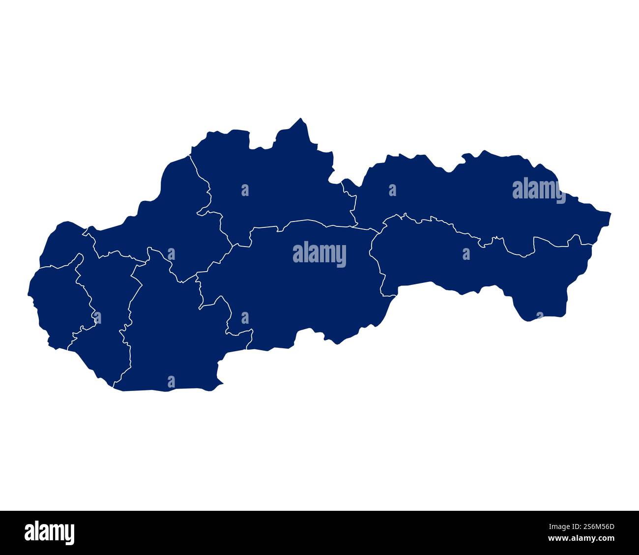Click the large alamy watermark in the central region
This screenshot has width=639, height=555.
pos(319,254)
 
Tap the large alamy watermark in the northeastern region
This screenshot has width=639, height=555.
pos(539,191)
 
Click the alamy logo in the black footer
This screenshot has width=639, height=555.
pos(50,532)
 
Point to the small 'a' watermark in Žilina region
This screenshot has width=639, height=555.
pos(245,190)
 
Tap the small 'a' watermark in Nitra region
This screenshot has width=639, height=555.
pos(171,382)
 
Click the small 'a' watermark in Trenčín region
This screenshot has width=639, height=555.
pos(171,254)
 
